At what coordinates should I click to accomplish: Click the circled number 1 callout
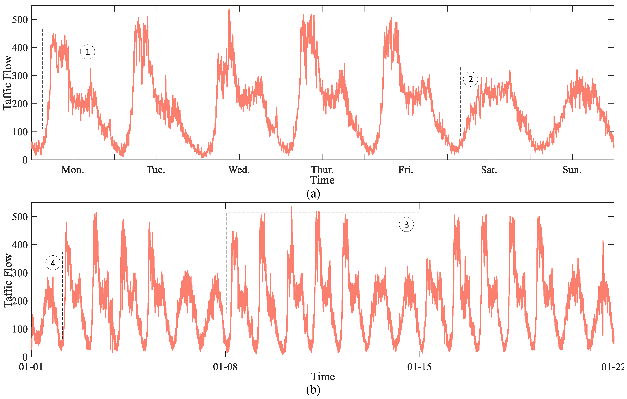coord(88,52)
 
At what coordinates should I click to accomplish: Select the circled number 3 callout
coord(406,224)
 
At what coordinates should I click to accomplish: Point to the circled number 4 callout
coord(53,263)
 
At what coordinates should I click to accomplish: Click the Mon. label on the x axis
coord(73,170)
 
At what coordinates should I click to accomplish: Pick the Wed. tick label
coord(239,170)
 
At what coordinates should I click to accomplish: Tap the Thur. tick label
coord(322,170)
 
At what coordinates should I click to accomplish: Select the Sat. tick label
coord(489,170)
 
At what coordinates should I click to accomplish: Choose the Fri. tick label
coord(405,170)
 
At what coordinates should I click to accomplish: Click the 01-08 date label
coord(225,367)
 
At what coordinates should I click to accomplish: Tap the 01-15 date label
coord(419,367)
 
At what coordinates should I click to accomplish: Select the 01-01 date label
coord(31,367)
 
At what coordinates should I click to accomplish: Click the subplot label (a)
coord(313,194)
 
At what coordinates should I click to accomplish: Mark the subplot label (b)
coord(313,390)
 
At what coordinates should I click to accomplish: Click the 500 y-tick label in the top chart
coord(20,20)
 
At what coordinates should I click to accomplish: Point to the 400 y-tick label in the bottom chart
coord(20,245)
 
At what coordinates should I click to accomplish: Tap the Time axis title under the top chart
coord(322,180)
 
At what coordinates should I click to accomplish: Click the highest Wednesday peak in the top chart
coord(229,10)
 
